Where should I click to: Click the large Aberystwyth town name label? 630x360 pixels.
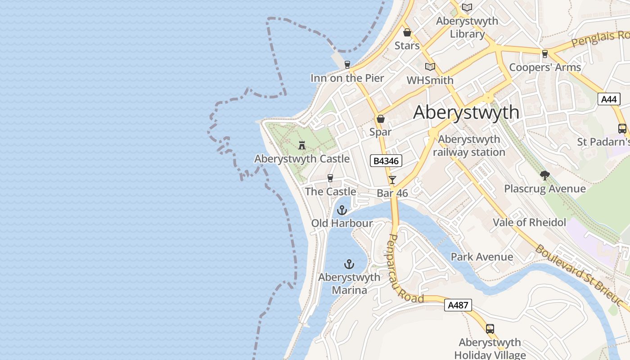coord(466,112)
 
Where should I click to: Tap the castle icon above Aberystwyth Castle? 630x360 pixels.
coord(302,145)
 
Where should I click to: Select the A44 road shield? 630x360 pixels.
coord(609,99)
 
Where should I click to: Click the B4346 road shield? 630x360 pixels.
coord(386,161)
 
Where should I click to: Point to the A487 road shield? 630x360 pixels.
coord(459,305)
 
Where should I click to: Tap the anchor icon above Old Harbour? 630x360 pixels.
coord(342,210)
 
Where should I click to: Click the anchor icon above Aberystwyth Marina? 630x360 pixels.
coord(349,264)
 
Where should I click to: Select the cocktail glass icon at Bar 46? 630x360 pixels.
coord(392,180)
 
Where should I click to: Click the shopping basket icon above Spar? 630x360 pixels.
coord(381,119)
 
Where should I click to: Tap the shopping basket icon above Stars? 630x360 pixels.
coord(407,33)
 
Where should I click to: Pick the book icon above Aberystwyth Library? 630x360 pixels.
coord(467,8)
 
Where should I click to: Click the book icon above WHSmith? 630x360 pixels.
coord(430,67)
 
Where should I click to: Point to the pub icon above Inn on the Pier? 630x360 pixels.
coord(347,65)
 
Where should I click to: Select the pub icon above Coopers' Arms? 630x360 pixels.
coord(545,54)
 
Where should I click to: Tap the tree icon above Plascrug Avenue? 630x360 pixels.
coord(545,175)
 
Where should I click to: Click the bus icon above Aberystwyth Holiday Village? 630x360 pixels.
coord(490,329)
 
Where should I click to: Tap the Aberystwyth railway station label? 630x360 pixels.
coord(469,146)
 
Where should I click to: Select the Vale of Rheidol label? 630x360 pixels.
coord(529,222)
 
